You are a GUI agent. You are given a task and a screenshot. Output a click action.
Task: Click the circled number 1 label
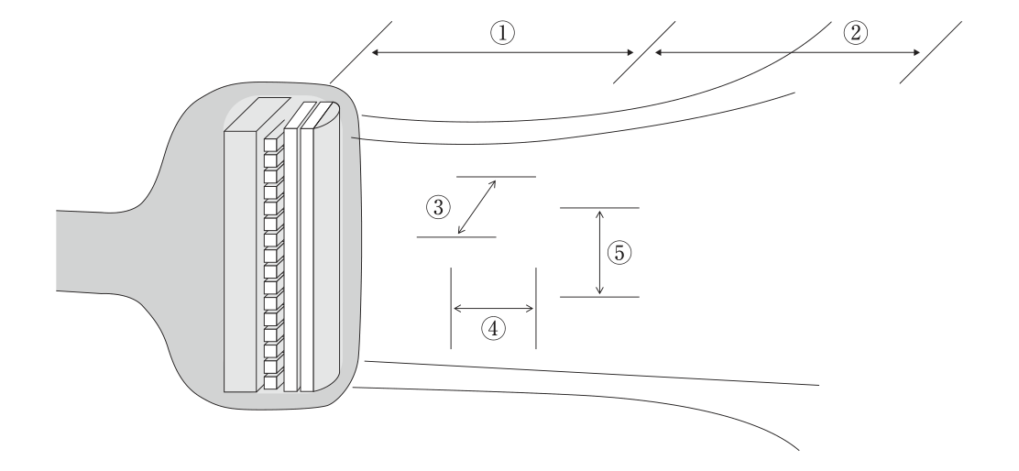[x=502, y=32]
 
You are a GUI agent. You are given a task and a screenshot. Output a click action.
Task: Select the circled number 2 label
[x=855, y=32]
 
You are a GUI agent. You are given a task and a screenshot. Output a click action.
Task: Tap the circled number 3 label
[x=438, y=208]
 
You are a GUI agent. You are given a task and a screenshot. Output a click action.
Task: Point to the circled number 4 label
[x=493, y=329]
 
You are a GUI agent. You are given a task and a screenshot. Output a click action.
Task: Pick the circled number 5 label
[x=619, y=253]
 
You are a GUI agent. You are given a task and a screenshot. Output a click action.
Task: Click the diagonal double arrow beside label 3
[x=477, y=206]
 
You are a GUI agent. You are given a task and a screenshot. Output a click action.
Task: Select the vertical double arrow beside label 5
[x=600, y=252]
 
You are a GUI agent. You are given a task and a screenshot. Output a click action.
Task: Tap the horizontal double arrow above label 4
[x=493, y=309]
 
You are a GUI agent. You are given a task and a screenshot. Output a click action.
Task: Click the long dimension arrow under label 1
[x=502, y=52]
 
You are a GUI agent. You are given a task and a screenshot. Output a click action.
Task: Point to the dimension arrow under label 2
[x=788, y=52]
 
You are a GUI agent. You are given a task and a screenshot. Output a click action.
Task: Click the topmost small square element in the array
[x=270, y=144]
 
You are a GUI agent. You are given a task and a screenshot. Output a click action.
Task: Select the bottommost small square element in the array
[x=270, y=383]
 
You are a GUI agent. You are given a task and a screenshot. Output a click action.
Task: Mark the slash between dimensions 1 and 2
[x=644, y=52]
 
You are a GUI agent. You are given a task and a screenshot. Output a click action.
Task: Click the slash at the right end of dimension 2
[x=931, y=52]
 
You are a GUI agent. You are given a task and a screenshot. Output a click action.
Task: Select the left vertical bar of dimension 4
[x=451, y=308]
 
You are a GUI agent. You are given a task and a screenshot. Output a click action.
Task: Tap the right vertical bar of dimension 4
[x=536, y=308]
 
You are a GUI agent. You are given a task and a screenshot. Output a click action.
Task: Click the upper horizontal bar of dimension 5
[x=599, y=208]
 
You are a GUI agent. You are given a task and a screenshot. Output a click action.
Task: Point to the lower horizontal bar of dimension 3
[x=456, y=237]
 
